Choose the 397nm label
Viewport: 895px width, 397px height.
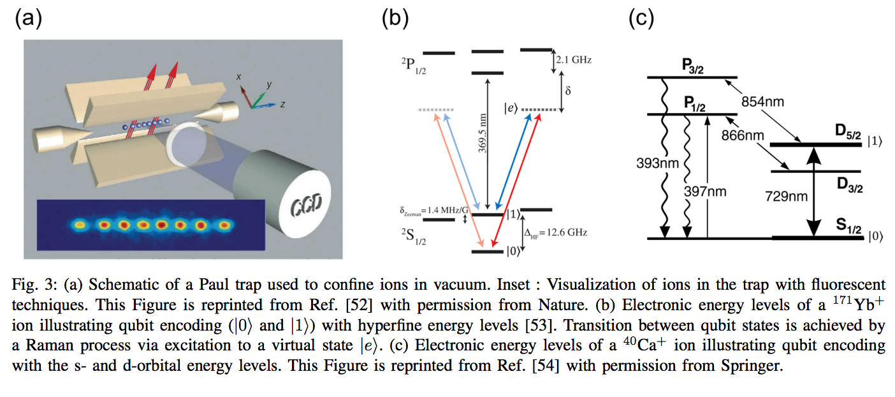click(706, 190)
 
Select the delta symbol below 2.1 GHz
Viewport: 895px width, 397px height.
click(567, 90)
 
